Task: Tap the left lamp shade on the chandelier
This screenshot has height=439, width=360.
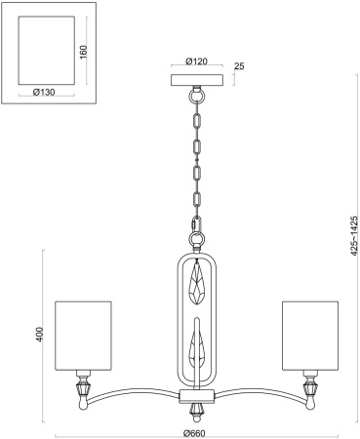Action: pyautogui.click(x=84, y=335)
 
